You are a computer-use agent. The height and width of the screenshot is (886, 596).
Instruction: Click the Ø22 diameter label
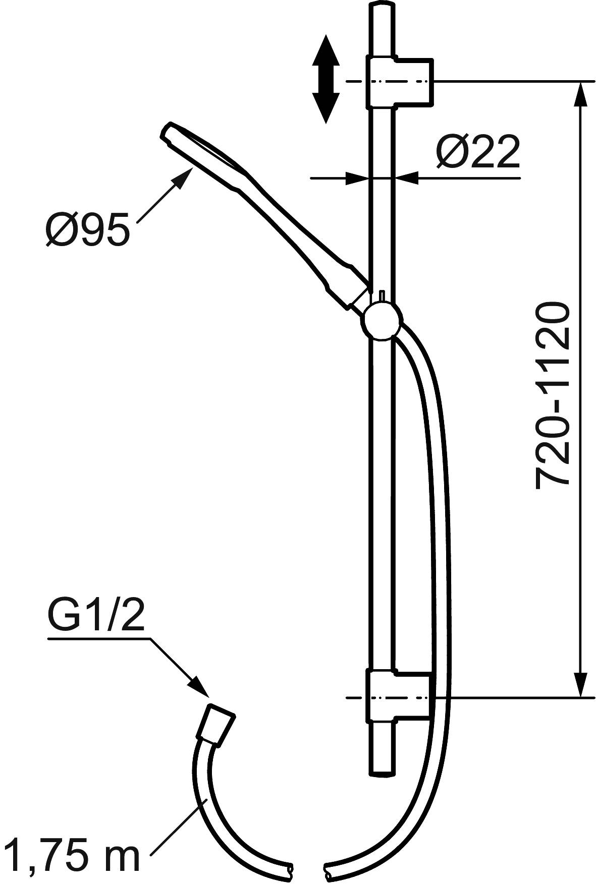478,152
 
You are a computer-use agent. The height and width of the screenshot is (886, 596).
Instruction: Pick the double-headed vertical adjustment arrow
324,80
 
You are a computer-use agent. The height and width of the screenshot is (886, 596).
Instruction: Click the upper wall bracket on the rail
399,82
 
